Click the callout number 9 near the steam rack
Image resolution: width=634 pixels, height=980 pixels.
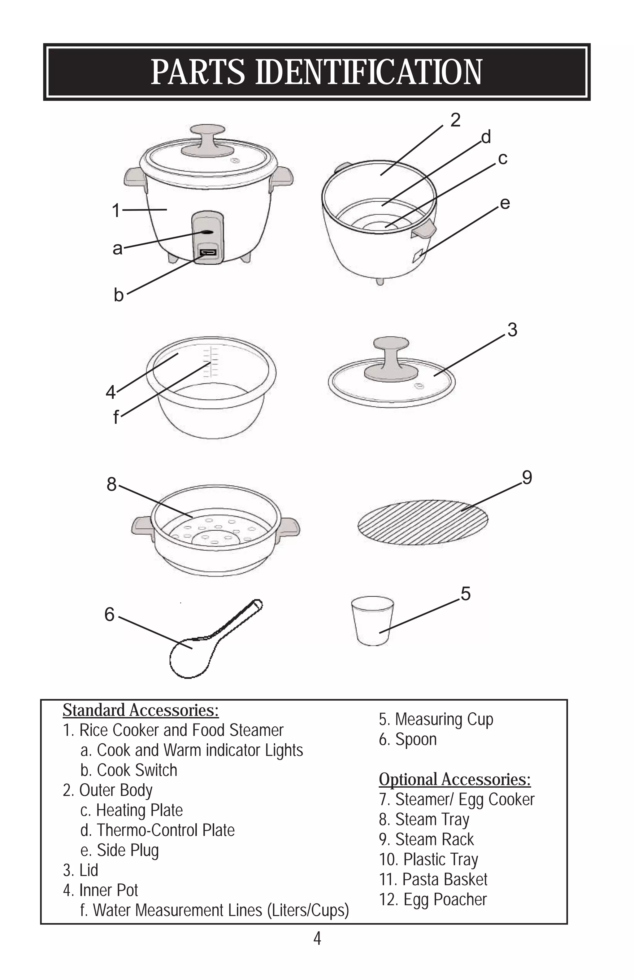click(x=527, y=478)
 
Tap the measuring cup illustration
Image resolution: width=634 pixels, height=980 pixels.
click(x=372, y=621)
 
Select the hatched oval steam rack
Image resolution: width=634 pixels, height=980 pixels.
click(x=423, y=522)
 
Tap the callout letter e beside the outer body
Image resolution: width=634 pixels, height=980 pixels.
click(x=505, y=203)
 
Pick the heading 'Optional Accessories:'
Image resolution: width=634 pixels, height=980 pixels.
click(x=455, y=780)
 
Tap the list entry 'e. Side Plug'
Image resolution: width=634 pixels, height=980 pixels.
click(x=119, y=850)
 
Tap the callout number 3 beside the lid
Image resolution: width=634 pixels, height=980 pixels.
click(x=512, y=330)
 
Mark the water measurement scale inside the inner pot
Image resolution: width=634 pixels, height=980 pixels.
click(x=211, y=362)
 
